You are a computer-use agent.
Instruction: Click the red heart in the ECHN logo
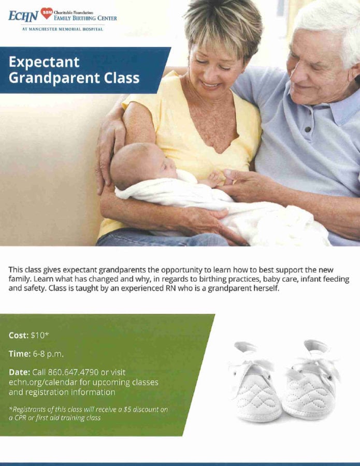tap(47, 13)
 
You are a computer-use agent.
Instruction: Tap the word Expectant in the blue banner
tap(44, 62)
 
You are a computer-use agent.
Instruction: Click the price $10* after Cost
tap(40, 335)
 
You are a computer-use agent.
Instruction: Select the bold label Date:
tap(19, 372)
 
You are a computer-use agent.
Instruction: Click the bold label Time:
tap(20, 354)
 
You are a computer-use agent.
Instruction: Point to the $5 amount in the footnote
tap(127, 409)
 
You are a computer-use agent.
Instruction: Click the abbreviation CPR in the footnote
tap(20, 418)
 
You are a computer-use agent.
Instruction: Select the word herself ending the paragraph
tap(267, 288)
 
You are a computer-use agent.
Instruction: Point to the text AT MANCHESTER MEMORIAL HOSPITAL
tap(63, 29)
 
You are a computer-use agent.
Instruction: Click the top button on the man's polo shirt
tap(308, 129)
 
